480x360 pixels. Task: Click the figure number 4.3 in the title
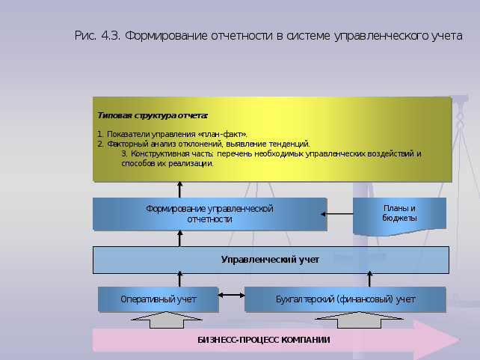(x=111, y=36)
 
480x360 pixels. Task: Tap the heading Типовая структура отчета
(x=153, y=116)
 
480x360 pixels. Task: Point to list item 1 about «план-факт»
(x=172, y=134)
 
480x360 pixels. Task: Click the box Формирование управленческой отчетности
(x=209, y=214)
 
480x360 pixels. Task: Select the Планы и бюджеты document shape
(x=399, y=216)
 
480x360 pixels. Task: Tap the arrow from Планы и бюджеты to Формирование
(x=336, y=214)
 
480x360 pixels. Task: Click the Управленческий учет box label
(x=270, y=260)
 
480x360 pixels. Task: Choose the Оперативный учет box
(x=158, y=299)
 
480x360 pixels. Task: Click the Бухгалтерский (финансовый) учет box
(x=345, y=299)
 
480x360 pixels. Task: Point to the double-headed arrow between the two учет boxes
(x=232, y=296)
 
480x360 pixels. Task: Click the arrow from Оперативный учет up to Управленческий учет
(x=180, y=279)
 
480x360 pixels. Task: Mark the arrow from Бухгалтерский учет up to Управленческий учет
(x=370, y=279)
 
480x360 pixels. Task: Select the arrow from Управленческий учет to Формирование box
(x=179, y=238)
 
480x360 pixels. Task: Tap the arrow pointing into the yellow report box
(x=179, y=189)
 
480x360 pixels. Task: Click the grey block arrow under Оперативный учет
(x=167, y=320)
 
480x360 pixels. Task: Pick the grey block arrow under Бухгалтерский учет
(x=359, y=320)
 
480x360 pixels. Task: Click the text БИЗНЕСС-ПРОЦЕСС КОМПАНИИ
(x=264, y=340)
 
